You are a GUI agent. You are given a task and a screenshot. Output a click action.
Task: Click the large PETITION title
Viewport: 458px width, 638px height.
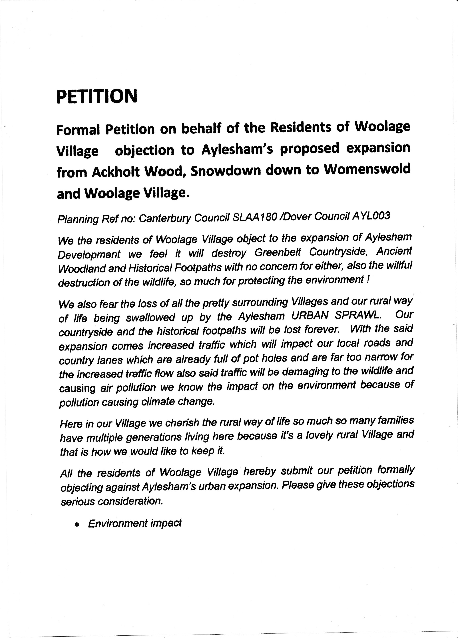click(97, 96)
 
